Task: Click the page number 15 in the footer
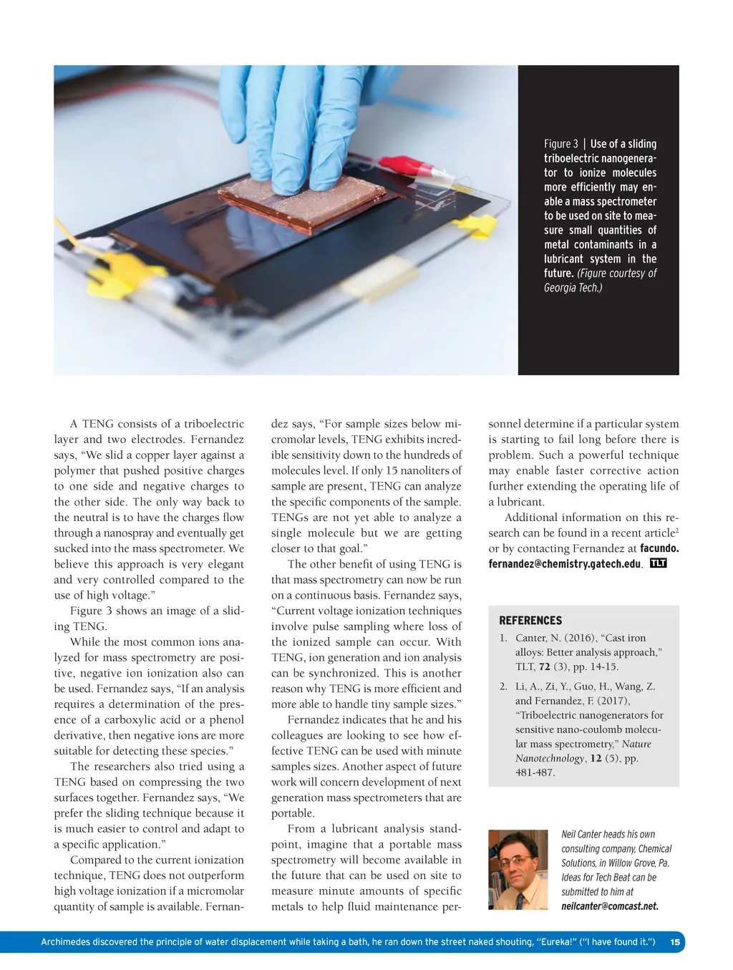click(x=675, y=942)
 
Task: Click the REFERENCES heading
click(x=530, y=621)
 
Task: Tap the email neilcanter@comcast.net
click(x=609, y=906)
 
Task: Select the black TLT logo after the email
click(x=658, y=563)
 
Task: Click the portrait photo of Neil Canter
click(x=518, y=869)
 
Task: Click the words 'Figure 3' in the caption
click(x=560, y=144)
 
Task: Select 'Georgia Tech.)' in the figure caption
click(x=573, y=288)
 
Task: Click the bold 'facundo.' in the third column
click(x=659, y=548)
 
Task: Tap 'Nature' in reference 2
click(x=636, y=745)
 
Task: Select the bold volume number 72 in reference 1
click(x=545, y=666)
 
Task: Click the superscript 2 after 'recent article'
click(x=676, y=530)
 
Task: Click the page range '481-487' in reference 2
click(x=535, y=772)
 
